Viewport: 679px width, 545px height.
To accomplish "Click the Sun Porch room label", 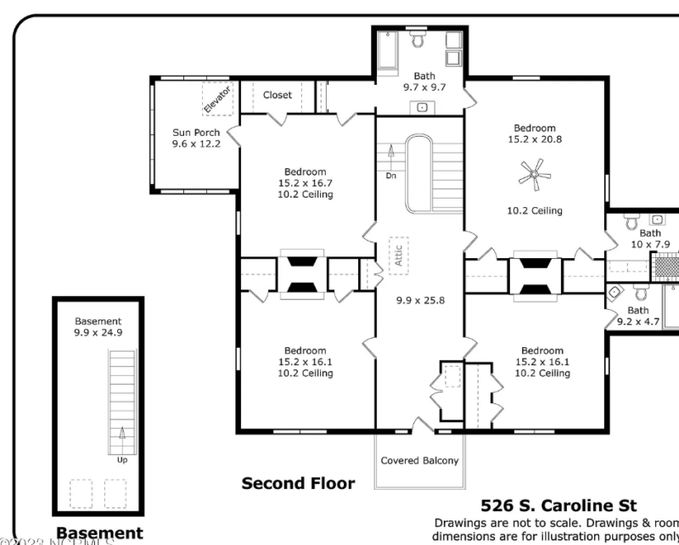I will coord(196,132).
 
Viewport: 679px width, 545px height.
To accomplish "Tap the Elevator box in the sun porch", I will coord(216,99).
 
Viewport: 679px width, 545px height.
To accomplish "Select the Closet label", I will coord(277,95).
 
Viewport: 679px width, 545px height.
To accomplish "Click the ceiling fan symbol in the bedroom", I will coord(534,177).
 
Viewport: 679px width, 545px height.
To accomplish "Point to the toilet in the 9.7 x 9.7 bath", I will coord(418,40).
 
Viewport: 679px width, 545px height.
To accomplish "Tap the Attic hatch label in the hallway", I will coord(398,256).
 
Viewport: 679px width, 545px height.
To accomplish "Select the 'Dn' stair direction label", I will coord(390,176).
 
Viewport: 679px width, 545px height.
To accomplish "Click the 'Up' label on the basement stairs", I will coord(122,459).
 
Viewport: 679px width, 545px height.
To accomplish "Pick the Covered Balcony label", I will coord(419,461).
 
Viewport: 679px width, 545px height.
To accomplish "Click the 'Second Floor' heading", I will coord(298,483).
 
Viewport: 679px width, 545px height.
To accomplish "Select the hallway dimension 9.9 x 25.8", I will coord(420,300).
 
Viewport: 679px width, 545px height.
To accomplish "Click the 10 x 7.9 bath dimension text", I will coord(650,244).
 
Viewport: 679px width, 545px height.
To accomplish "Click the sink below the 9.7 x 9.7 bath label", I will coord(423,107).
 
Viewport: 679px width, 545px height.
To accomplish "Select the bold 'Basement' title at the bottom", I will coord(99,534).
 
